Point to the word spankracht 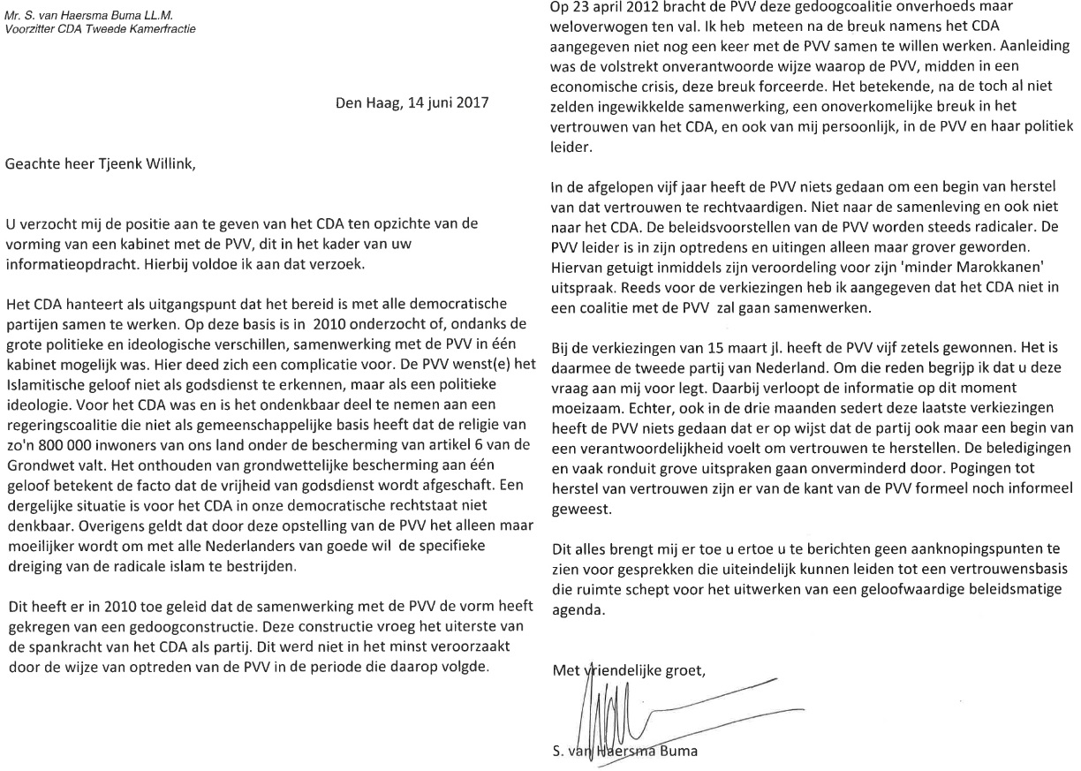click(74, 648)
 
